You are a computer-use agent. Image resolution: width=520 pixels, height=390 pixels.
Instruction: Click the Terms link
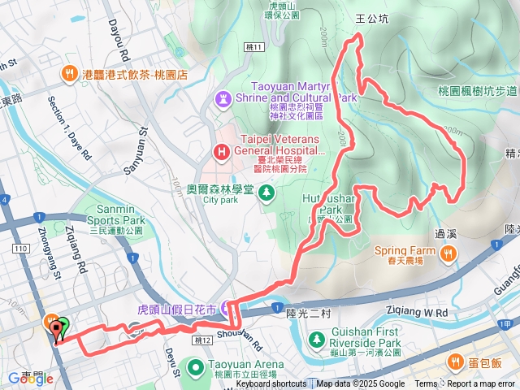click(426, 384)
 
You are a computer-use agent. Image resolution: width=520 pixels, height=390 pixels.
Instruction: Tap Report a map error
click(481, 384)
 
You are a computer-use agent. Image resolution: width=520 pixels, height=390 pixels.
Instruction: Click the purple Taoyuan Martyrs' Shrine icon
click(221, 98)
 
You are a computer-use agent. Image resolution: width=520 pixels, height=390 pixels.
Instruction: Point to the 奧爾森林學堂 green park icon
click(265, 193)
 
